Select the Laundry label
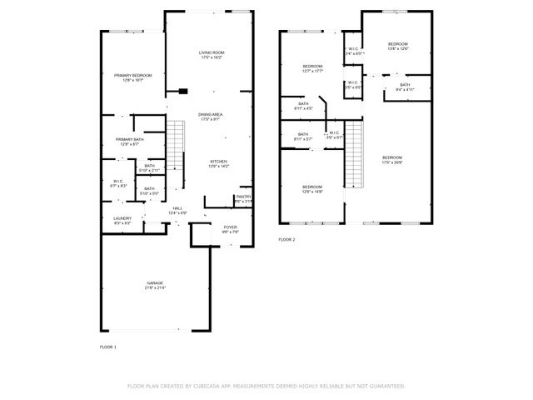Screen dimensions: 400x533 click(122, 220)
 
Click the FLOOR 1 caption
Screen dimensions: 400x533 click(108, 346)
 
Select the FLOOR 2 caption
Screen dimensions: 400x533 click(286, 239)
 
